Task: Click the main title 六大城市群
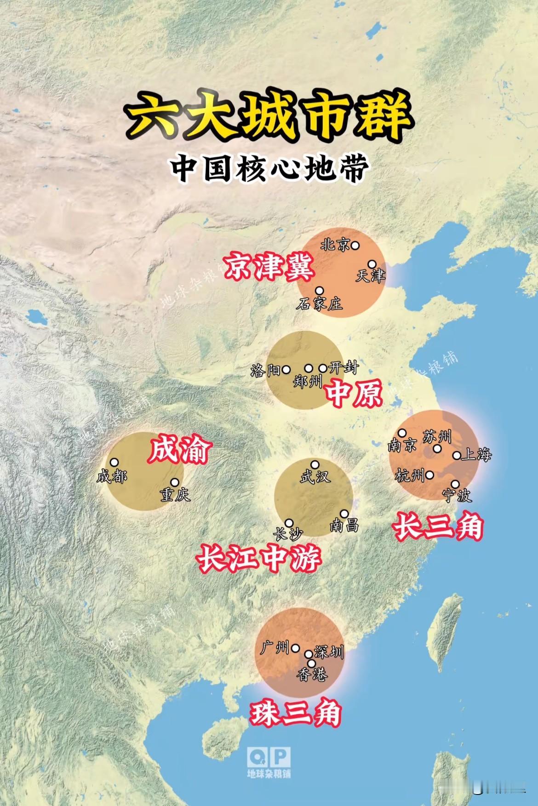(269, 116)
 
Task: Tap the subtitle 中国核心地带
(269, 168)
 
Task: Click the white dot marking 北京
(355, 246)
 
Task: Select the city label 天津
(370, 276)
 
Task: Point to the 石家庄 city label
(320, 303)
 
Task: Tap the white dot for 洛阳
(286, 369)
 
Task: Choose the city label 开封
(343, 368)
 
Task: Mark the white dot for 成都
(114, 463)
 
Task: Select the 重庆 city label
(175, 495)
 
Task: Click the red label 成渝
(179, 450)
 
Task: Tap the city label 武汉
(315, 477)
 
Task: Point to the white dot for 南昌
(344, 514)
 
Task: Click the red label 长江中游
(259, 559)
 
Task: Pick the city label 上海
(477, 455)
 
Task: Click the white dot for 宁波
(455, 484)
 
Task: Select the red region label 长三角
(438, 526)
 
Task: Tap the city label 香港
(312, 675)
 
